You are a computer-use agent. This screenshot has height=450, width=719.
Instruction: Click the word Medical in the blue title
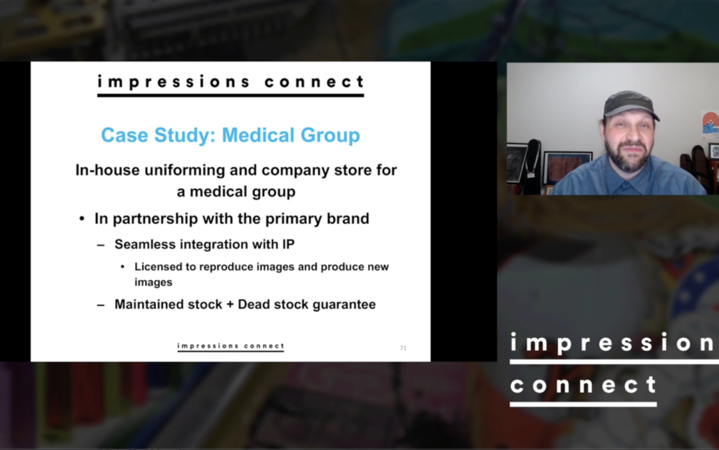click(x=258, y=135)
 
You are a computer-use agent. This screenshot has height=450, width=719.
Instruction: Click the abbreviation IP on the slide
click(x=288, y=244)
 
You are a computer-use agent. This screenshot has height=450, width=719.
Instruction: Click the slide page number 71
click(x=403, y=348)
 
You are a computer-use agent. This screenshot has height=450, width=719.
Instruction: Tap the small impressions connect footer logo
click(x=230, y=347)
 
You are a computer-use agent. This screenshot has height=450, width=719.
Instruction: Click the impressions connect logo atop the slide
click(x=230, y=85)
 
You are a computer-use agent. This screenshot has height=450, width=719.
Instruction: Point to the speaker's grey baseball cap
click(x=631, y=103)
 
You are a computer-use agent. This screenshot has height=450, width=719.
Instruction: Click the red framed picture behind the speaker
click(x=567, y=167)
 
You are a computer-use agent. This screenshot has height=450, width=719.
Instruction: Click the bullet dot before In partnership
click(x=82, y=219)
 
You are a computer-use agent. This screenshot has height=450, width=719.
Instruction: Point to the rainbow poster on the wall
click(x=711, y=125)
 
